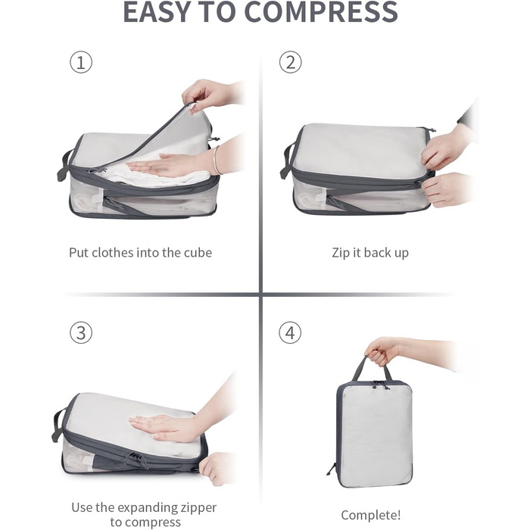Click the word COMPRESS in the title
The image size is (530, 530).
click(321, 12)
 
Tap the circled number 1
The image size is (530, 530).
click(81, 62)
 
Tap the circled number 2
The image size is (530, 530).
click(290, 62)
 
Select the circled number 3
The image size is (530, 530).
click(81, 332)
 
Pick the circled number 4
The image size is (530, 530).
click(290, 332)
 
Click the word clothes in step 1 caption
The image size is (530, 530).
click(113, 252)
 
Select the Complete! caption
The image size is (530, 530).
click(371, 515)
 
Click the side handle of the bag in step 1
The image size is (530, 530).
click(64, 165)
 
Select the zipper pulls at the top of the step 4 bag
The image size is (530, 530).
click(380, 385)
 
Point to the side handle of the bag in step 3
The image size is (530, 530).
click(58, 425)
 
